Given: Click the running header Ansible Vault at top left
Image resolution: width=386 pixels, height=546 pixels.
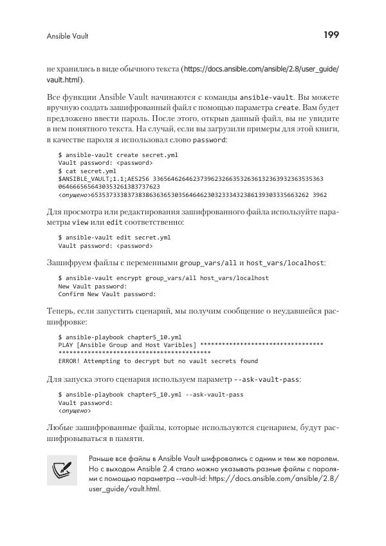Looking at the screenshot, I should coord(68,37).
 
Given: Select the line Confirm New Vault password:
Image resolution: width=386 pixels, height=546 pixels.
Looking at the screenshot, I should coord(107,294).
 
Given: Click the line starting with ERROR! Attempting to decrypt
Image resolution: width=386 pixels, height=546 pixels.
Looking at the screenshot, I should coord(158,361).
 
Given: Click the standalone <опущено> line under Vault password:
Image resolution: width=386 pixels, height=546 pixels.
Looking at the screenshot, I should coord(75,410).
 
